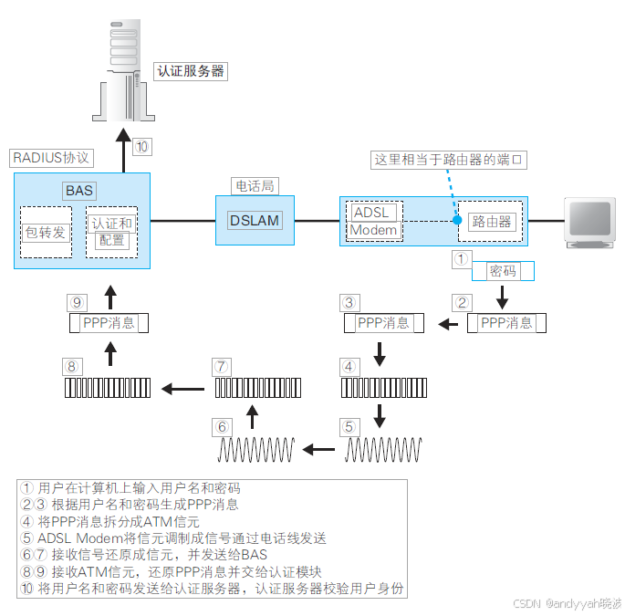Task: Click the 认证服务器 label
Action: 191,70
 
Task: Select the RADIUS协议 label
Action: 51,157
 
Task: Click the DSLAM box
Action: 255,220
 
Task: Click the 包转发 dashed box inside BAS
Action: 46,232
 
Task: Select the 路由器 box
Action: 491,221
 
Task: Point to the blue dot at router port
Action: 456,220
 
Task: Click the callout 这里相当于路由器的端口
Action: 450,159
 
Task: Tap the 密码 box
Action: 503,271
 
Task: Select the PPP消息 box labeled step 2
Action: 506,323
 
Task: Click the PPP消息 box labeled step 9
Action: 109,323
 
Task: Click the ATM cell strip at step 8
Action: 109,388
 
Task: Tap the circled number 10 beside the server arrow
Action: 142,146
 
